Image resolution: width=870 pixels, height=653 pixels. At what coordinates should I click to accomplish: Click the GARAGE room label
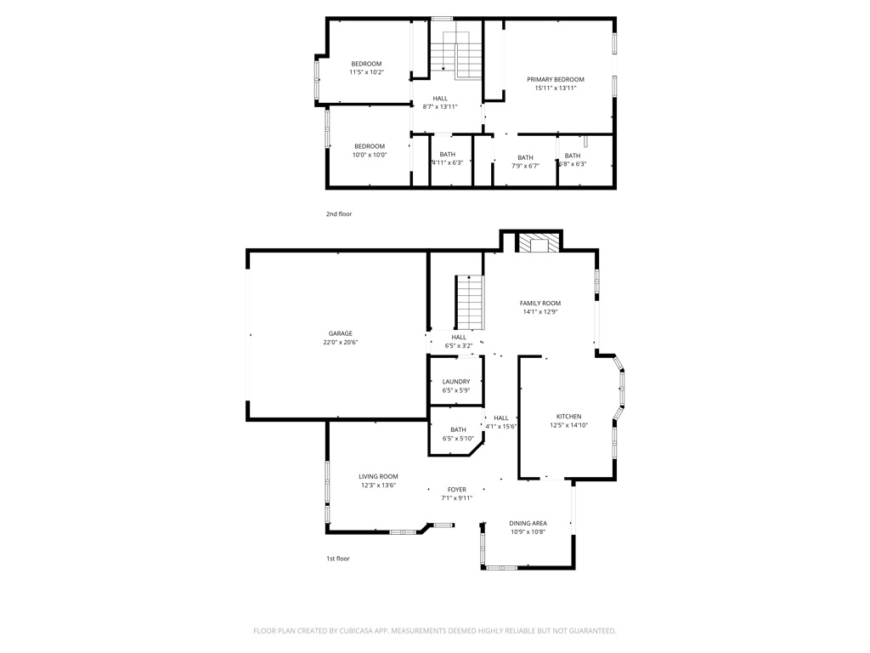(x=340, y=333)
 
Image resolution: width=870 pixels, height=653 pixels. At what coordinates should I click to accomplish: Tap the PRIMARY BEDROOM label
(x=556, y=79)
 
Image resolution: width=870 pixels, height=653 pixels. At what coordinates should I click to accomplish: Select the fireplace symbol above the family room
(x=539, y=242)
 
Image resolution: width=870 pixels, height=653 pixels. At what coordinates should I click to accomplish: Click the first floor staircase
(x=470, y=302)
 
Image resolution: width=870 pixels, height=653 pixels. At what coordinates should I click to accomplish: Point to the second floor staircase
(x=455, y=55)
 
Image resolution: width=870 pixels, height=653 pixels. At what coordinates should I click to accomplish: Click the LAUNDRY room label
(x=456, y=382)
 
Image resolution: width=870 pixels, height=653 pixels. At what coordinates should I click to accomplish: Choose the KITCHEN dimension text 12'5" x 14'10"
(x=568, y=425)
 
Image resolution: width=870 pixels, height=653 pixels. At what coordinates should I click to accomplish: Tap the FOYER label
(x=456, y=489)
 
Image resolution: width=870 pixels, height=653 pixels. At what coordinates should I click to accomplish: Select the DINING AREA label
(x=528, y=523)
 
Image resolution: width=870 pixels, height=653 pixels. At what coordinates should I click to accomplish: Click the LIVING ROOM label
(x=378, y=476)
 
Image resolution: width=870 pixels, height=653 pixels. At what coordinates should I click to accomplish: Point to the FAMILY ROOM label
(x=540, y=304)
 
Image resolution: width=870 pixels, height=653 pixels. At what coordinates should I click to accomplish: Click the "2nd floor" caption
(x=338, y=213)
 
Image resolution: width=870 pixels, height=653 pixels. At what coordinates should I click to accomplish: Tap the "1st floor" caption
(x=338, y=559)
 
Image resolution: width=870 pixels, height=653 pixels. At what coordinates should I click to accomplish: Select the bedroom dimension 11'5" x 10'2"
(x=367, y=72)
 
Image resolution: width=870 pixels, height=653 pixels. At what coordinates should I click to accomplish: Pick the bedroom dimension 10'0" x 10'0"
(x=370, y=155)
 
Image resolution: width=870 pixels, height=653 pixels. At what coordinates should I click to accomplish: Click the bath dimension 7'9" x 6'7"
(x=525, y=166)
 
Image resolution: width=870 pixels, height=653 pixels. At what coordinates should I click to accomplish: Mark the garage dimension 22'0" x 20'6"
(x=340, y=342)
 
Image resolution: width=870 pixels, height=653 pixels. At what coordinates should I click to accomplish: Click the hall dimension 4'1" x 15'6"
(x=501, y=427)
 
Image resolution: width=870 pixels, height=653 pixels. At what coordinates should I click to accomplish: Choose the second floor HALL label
(x=440, y=99)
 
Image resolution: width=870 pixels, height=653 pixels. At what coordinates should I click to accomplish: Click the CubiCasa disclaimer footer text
(x=434, y=631)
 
